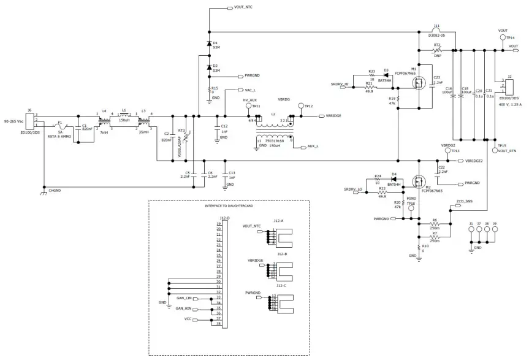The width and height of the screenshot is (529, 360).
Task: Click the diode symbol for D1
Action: pyautogui.click(x=209, y=44)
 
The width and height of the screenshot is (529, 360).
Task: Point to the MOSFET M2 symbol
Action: pyautogui.click(x=419, y=182)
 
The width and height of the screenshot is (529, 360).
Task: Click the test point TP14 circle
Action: pyautogui.click(x=503, y=37)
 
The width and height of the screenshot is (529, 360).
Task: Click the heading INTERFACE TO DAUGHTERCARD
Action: pyautogui.click(x=229, y=206)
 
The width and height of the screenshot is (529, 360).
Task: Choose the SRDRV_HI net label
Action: pyautogui.click(x=340, y=83)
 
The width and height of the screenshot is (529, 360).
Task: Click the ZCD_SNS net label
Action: pyautogui.click(x=464, y=201)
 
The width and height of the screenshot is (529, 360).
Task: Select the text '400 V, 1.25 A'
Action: pyautogui.click(x=511, y=104)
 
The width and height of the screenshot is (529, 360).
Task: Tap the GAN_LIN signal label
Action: pyautogui.click(x=184, y=297)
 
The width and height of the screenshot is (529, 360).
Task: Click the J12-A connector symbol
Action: pyautogui.click(x=281, y=234)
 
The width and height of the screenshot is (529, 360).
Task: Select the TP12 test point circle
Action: pyautogui.click(x=300, y=105)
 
